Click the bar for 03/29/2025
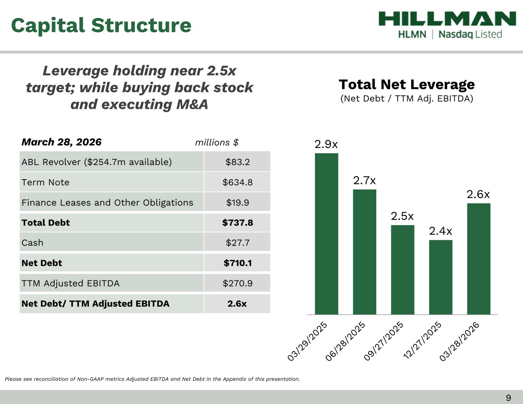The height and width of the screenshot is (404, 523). (x=326, y=234)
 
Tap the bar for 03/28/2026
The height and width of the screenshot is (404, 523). (x=479, y=258)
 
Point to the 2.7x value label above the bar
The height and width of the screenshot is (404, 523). (x=364, y=180)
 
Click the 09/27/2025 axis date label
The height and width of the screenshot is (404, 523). (x=384, y=341)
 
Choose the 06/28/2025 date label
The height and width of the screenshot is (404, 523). (x=346, y=341)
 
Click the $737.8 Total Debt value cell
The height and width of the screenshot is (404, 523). (x=237, y=223)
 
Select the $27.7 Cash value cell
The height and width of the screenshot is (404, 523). (x=237, y=243)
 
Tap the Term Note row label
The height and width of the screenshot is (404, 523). (x=46, y=182)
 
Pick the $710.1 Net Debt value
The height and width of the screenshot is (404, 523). (x=237, y=263)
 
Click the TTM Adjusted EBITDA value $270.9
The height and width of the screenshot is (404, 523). (x=237, y=283)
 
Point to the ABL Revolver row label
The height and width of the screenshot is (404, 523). (x=97, y=162)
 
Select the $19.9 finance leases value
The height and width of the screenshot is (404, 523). (x=237, y=203)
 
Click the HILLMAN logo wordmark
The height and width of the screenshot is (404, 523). (x=447, y=19)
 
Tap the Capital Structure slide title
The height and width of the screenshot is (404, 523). (x=101, y=25)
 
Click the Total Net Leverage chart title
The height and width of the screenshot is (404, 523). (x=407, y=84)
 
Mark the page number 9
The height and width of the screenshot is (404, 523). (x=508, y=398)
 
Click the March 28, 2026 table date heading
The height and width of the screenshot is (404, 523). (x=62, y=142)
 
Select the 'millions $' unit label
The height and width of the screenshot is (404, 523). (x=217, y=142)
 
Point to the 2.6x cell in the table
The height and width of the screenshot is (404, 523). (x=237, y=304)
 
